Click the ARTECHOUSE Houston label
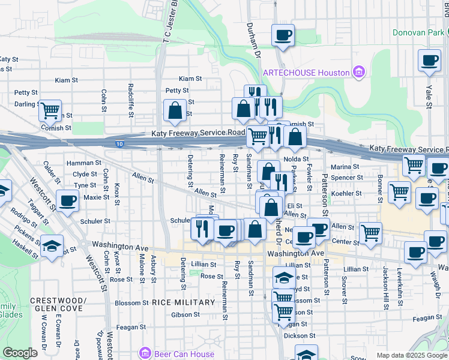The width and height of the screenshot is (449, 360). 306,73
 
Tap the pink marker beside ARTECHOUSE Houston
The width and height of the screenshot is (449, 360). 359,73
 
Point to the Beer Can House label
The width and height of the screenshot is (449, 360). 184,354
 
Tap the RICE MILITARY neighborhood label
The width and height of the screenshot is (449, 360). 183,302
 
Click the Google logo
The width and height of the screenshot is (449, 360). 20,353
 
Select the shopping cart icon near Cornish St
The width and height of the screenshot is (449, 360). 50,110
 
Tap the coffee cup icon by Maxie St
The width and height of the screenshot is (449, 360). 67,200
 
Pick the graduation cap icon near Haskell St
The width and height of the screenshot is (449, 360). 52,245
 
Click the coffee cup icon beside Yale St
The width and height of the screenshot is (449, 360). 430,61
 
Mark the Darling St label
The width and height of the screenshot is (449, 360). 26,104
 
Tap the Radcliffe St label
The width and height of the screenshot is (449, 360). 131,99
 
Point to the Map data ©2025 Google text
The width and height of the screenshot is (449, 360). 412,355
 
